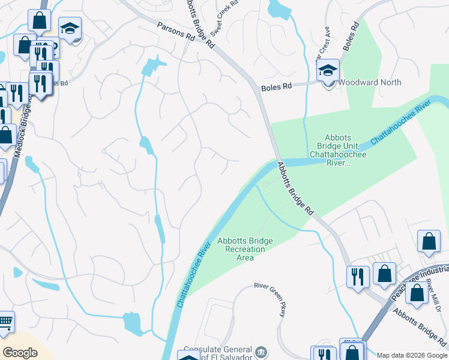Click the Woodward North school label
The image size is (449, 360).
pyautogui.click(x=370, y=82)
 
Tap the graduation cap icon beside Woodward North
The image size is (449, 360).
pyautogui.click(x=328, y=71)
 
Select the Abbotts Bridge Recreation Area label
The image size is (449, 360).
pyautogui.click(x=245, y=249)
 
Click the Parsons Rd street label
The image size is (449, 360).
pyautogui.click(x=176, y=32)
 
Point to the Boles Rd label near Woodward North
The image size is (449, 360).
pyautogui.click(x=276, y=87)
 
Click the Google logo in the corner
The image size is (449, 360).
pyautogui.click(x=20, y=353)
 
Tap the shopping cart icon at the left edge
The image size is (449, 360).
pyautogui.click(x=5, y=322)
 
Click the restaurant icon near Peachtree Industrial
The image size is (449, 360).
pyautogui.click(x=358, y=277)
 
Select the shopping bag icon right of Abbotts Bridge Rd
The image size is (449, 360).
pyautogui.click(x=429, y=242)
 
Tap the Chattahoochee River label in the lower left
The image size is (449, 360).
pyautogui.click(x=194, y=275)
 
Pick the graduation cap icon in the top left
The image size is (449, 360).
pyautogui.click(x=70, y=28)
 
